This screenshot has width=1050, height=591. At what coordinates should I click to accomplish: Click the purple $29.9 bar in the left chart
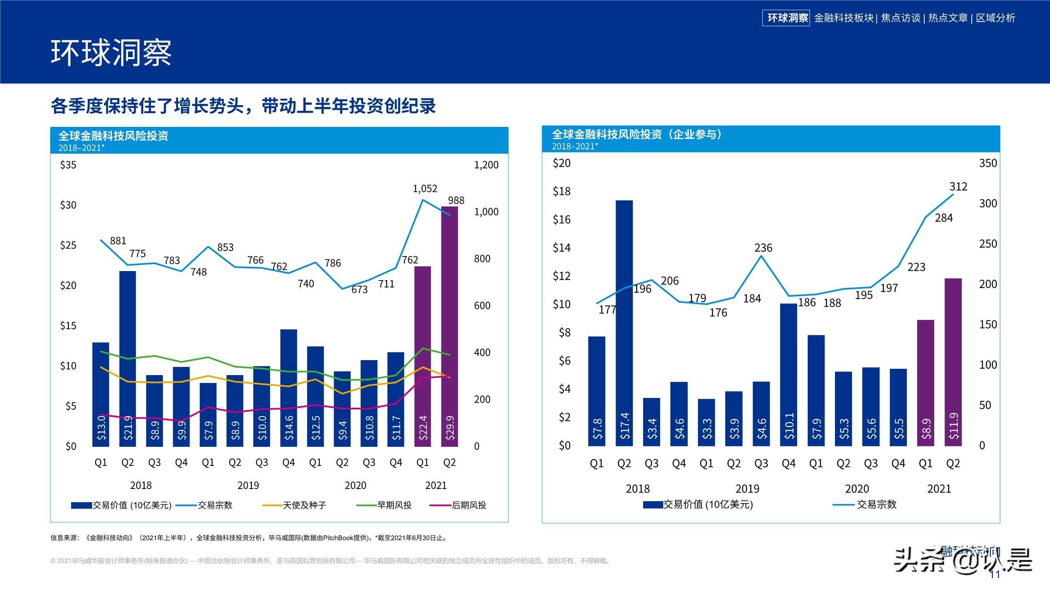point(449,326)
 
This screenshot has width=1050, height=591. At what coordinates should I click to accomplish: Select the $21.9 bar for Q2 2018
point(128,359)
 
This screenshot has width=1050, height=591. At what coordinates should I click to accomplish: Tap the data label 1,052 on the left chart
point(425,188)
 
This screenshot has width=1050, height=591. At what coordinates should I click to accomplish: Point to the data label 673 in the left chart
point(360,290)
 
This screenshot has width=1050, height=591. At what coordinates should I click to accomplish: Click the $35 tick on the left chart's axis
point(68,165)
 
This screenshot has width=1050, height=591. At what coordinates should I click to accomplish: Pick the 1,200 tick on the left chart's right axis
point(486,165)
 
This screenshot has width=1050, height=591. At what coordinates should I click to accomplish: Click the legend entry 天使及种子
point(304,505)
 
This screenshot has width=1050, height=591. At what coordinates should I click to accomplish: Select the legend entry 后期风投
point(469,505)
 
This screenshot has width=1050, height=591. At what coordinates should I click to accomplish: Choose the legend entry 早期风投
point(394,505)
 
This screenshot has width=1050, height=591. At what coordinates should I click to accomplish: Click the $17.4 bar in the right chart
point(624,322)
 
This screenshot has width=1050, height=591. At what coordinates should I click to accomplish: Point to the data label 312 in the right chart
point(958,186)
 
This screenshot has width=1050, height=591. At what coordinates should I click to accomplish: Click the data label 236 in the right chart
point(763,247)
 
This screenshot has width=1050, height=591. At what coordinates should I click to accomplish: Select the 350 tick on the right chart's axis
point(988,163)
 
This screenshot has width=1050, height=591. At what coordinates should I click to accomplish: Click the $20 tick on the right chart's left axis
point(561,163)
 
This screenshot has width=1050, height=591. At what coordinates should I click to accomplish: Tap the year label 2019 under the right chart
point(747,489)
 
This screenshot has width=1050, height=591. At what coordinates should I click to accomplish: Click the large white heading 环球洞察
point(111,53)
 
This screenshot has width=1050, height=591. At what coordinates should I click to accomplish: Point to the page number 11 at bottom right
point(995,574)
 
